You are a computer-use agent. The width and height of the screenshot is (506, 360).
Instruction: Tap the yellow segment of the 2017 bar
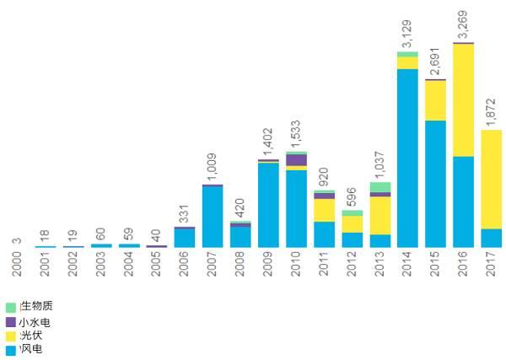click(x=492, y=179)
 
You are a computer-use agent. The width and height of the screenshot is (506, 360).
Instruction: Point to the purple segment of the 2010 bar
click(x=296, y=160)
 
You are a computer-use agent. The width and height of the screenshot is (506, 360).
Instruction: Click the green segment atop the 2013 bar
click(x=379, y=187)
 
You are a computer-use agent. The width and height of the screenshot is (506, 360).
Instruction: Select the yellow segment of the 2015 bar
click(x=435, y=100)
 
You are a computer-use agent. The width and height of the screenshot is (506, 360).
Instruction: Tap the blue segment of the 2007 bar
click(x=213, y=217)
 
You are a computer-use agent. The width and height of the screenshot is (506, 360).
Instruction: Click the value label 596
click(x=352, y=196)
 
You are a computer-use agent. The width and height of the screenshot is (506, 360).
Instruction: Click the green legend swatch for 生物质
click(x=10, y=307)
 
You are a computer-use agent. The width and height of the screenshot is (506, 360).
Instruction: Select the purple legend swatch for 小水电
click(x=10, y=321)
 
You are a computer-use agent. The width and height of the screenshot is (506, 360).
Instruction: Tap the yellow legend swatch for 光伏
click(x=10, y=336)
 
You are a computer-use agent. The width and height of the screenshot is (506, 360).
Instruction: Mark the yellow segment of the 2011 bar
click(x=324, y=210)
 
